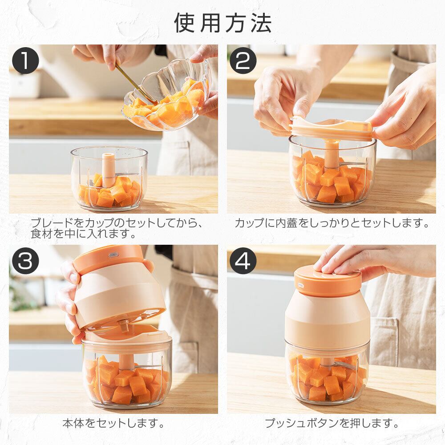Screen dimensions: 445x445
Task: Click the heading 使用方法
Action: pyautogui.click(x=223, y=23)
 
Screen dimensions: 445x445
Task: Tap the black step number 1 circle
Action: pyautogui.click(x=25, y=61)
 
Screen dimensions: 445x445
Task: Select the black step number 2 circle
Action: pyautogui.click(x=243, y=61)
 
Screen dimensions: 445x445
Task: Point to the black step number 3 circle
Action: pyautogui.click(x=25, y=260)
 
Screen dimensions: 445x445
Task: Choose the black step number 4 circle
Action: pyautogui.click(x=243, y=260)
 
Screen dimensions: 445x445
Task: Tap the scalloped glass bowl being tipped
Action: pyautogui.click(x=167, y=97)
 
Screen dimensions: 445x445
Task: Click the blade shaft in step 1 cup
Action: pyautogui.click(x=109, y=170)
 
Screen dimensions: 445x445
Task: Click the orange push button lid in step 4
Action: pyautogui.click(x=328, y=281)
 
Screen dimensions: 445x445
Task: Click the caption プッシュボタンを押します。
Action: pyautogui.click(x=332, y=423)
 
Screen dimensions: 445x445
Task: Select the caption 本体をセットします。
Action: pyautogui.click(x=113, y=423)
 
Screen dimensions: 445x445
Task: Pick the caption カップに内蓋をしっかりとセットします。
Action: pyautogui.click(x=332, y=223)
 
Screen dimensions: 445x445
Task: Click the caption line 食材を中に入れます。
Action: pyautogui.click(x=83, y=234)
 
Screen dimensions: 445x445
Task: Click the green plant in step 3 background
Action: pyautogui.click(x=20, y=292)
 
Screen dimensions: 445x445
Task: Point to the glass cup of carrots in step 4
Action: pyautogui.click(x=328, y=372)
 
